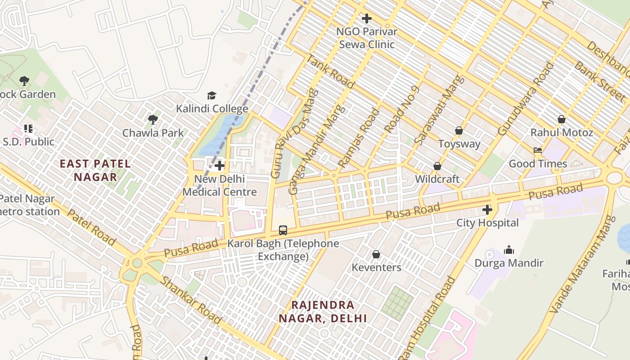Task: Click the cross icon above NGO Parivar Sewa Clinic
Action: pyautogui.click(x=367, y=18)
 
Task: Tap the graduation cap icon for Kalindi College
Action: pyautogui.click(x=211, y=95)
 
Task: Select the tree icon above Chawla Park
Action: pyautogui.click(x=153, y=120)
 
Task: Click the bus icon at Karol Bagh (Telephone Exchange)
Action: pyautogui.click(x=283, y=230)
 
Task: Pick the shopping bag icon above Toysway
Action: pyautogui.click(x=459, y=130)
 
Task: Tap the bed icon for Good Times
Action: pyautogui.click(x=537, y=150)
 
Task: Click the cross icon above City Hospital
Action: pyautogui.click(x=487, y=209)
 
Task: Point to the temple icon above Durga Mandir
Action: pyautogui.click(x=509, y=249)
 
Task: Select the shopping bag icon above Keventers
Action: pyautogui.click(x=376, y=254)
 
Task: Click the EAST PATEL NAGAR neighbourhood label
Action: pyautogui.click(x=95, y=170)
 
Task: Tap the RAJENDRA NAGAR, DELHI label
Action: pyautogui.click(x=323, y=311)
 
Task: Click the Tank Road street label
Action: pyautogui.click(x=331, y=71)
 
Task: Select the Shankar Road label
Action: pyautogui.click(x=191, y=300)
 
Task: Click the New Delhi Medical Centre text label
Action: pyautogui.click(x=220, y=185)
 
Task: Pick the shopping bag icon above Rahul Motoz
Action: pyautogui.click(x=562, y=119)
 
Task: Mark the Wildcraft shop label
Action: pyautogui.click(x=437, y=179)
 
